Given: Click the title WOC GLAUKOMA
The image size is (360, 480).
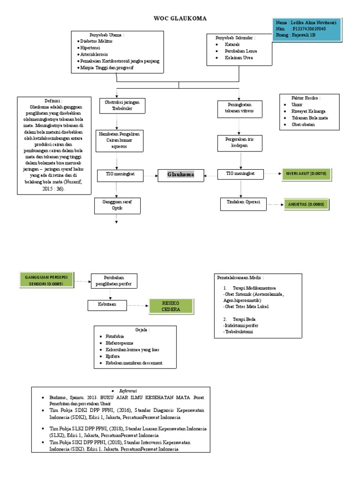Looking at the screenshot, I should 180,18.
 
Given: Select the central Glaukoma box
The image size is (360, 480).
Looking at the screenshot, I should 181,175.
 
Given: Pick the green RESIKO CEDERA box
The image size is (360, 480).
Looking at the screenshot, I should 171,306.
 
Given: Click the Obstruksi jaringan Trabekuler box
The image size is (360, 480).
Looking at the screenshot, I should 116,105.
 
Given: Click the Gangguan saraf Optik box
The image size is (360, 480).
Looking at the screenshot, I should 116,204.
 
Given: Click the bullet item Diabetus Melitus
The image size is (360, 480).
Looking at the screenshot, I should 98,41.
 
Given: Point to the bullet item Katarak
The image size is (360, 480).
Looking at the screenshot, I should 233,44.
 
